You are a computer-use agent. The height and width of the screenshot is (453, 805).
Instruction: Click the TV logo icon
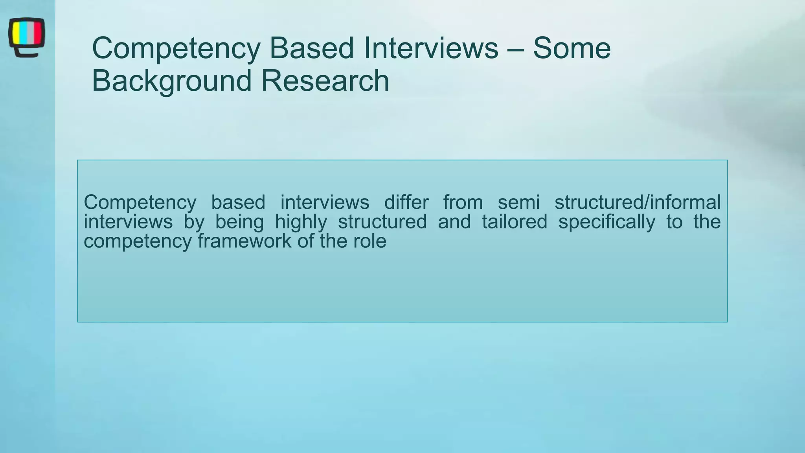pyautogui.click(x=26, y=37)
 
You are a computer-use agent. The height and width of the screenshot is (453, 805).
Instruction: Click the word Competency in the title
pyautogui.click(x=176, y=48)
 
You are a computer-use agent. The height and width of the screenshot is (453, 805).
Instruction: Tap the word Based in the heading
pyautogui.click(x=311, y=48)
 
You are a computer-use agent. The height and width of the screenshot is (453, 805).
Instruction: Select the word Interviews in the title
pyautogui.click(x=431, y=48)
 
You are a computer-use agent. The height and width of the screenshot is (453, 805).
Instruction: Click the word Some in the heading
pyautogui.click(x=572, y=48)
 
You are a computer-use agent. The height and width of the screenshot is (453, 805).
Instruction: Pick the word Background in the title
pyautogui.click(x=171, y=81)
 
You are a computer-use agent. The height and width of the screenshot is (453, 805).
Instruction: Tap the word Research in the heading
pyautogui.click(x=325, y=81)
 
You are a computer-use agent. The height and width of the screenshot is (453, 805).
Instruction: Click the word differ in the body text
pyautogui.click(x=406, y=203)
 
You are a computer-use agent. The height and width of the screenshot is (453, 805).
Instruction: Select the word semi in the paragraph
pyautogui.click(x=518, y=203)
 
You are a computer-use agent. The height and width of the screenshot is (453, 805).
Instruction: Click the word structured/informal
pyautogui.click(x=637, y=203)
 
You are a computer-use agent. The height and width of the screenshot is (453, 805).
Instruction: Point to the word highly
pyautogui.click(x=301, y=222)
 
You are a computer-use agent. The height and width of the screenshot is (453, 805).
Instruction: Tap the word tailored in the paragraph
pyautogui.click(x=514, y=222)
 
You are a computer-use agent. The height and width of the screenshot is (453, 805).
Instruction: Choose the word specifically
pyautogui.click(x=607, y=222)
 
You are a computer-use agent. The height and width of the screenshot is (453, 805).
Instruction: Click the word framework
pyautogui.click(x=244, y=241)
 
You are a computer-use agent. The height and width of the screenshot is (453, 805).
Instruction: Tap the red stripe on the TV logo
pyautogui.click(x=38, y=33)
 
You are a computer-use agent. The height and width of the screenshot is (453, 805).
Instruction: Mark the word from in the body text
pyautogui.click(x=463, y=203)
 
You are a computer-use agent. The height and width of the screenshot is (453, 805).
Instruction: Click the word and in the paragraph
pyautogui.click(x=454, y=222)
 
